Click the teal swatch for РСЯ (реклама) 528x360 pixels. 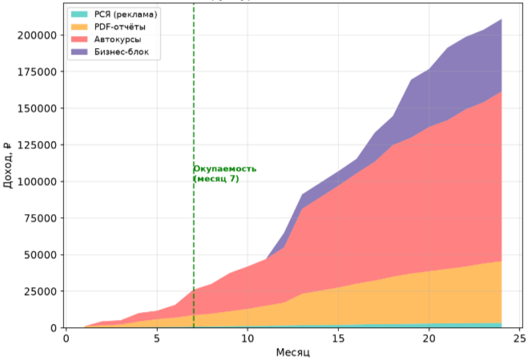(x=79, y=14)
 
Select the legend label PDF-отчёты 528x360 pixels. (x=119, y=27)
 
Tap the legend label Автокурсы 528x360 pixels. (x=118, y=39)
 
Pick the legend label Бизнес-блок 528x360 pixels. (x=121, y=52)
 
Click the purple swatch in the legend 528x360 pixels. (x=79, y=52)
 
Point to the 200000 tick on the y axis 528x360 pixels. (x=37, y=35)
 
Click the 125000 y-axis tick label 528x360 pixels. (x=37, y=145)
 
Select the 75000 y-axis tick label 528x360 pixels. (x=40, y=218)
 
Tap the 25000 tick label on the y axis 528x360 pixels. (x=40, y=291)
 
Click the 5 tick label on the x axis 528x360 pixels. (x=157, y=338)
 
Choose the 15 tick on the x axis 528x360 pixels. (x=338, y=338)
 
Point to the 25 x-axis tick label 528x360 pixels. (x=519, y=338)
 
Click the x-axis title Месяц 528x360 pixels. (x=293, y=353)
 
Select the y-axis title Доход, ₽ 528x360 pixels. (x=8, y=165)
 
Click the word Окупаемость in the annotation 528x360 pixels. (x=224, y=168)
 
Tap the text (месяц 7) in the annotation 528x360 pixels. (x=216, y=178)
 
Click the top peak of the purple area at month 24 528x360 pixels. (x=502, y=19)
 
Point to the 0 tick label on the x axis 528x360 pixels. (x=67, y=338)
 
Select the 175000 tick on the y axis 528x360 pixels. (x=37, y=72)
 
